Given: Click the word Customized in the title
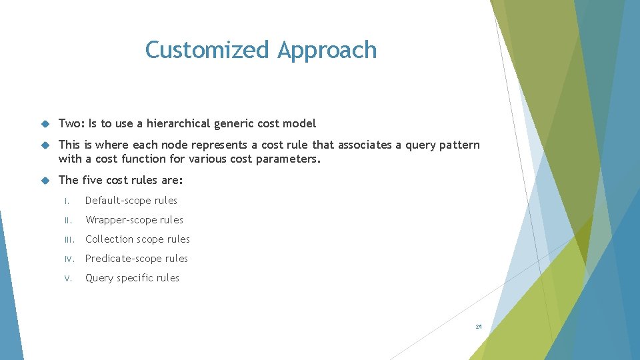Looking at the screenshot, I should point(208,50).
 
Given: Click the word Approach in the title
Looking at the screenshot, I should point(327,50).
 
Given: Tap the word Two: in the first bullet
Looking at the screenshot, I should point(72,123).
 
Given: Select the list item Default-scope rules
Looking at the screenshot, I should point(131,201).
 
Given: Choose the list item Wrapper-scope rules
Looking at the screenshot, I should point(134,220).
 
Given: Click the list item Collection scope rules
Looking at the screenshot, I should point(137,239).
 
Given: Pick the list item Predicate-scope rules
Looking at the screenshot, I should point(137,259).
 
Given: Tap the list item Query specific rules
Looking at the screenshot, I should point(132,278).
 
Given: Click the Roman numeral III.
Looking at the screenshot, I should point(69,239).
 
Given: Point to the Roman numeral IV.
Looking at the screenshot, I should point(69,259).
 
